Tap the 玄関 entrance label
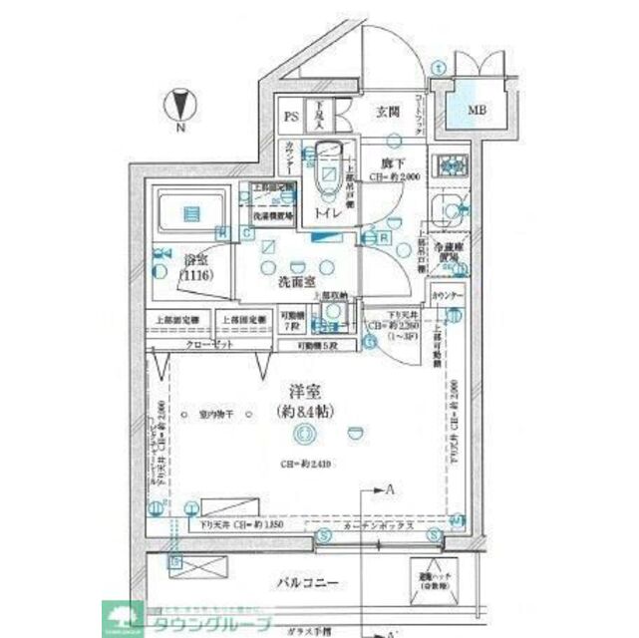[388, 112]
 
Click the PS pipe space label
[292, 117]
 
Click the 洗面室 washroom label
[297, 282]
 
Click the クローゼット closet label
[210, 344]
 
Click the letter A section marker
[392, 487]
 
